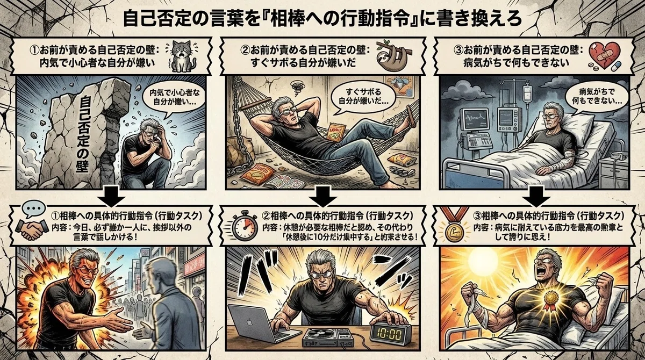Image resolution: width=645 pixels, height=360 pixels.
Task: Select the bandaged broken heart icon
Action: coord(604,56)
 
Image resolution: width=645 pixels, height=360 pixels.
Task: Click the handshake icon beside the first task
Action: coord(32,231)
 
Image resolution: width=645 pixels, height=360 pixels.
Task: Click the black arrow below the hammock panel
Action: coord(323,196)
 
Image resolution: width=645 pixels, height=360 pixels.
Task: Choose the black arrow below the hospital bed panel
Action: coord(536,196)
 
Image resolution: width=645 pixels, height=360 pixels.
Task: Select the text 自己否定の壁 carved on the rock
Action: coord(85,134)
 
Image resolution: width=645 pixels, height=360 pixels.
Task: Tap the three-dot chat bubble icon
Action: coord(34,208)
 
